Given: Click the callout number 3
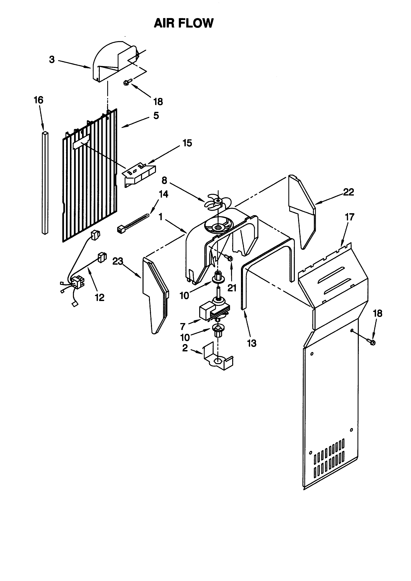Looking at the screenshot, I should click(x=52, y=60).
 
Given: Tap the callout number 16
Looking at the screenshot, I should click(x=39, y=100).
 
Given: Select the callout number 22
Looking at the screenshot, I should click(x=348, y=192).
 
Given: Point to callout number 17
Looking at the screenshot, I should click(x=350, y=217).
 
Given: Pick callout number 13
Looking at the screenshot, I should click(x=252, y=343).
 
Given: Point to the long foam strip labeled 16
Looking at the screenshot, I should click(x=45, y=182).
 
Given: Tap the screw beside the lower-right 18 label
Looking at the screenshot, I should click(x=372, y=343).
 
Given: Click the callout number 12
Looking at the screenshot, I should click(x=100, y=298).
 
